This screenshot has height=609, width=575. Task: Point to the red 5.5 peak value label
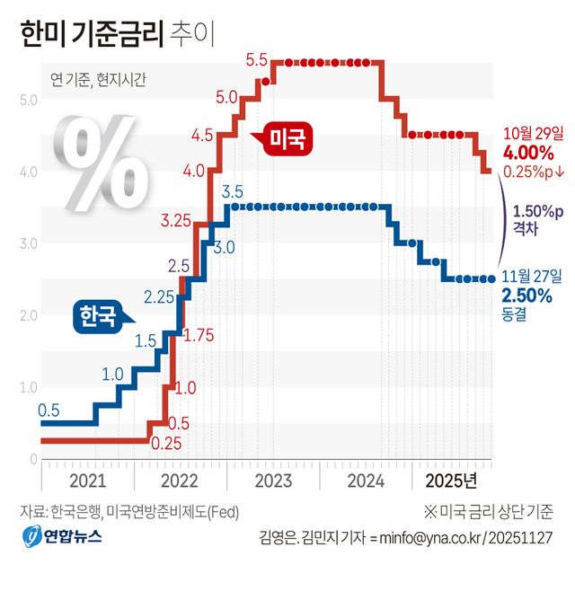point(256,61)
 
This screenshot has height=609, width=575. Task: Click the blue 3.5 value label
point(232,191)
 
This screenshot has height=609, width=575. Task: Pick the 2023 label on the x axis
point(272,481)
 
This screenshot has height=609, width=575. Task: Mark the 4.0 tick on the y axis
point(27,171)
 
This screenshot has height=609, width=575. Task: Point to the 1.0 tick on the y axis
point(27,387)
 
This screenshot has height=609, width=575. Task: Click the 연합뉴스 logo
point(62,536)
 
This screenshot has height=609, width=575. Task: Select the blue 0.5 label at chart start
point(49,410)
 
